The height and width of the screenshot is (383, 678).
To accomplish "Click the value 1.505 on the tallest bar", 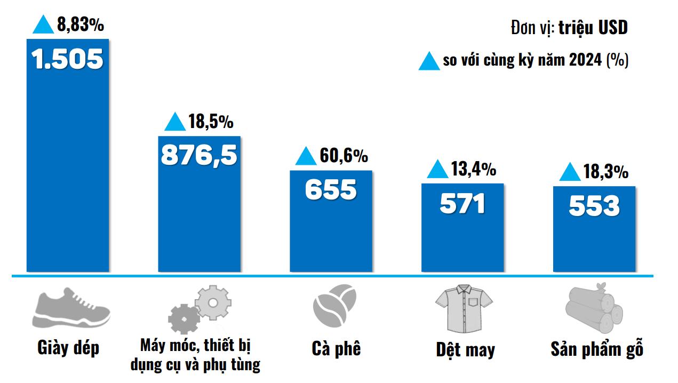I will [67, 59].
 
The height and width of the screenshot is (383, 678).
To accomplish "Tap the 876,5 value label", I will [198, 155].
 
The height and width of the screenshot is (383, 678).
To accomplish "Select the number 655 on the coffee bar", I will [330, 189].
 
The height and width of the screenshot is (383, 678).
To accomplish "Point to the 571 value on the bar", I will [462, 203].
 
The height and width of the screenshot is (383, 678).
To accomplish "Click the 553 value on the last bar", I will [594, 206].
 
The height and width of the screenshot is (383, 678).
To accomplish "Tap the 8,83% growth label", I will [81, 25].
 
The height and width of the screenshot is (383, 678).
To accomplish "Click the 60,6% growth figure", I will [344, 156].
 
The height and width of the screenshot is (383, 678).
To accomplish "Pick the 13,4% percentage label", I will [474, 169].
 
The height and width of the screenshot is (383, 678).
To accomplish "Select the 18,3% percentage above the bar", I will [605, 172].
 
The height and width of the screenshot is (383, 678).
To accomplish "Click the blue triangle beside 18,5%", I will [175, 122].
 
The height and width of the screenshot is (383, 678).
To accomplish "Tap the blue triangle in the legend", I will [429, 61].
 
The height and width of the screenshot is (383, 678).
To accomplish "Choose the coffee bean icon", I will [334, 305].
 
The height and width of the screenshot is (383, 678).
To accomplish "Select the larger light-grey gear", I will [212, 302].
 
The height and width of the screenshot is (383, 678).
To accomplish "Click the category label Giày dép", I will [69, 348].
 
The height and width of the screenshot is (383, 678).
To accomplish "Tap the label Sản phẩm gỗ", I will [597, 349].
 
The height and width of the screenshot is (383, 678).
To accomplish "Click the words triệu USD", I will [593, 28].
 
